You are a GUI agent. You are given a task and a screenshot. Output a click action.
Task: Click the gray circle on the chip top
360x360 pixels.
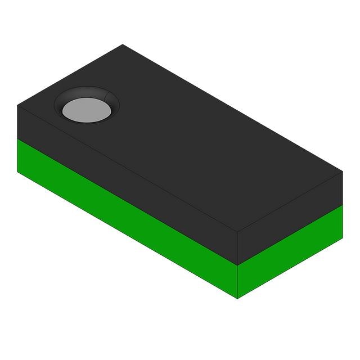(x=87, y=109)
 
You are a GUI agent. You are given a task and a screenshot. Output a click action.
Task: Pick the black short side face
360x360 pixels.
(x=290, y=217)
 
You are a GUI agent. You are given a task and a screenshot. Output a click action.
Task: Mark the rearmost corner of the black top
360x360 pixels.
(x=123, y=44)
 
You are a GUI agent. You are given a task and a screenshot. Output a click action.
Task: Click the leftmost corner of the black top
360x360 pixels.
(x=17, y=105)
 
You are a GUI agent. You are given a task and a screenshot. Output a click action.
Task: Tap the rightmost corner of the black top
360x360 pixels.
(x=343, y=172)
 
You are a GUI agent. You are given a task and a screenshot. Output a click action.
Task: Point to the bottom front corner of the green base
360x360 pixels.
(x=237, y=298)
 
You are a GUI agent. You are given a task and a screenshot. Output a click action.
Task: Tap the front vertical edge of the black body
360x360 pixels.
(x=237, y=249)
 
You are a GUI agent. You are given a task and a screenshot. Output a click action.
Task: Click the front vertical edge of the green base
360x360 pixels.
(x=237, y=281)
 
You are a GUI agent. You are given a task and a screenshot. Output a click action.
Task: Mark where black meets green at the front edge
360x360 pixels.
(x=237, y=265)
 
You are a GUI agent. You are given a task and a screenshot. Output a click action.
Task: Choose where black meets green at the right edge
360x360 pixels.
(x=343, y=204)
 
